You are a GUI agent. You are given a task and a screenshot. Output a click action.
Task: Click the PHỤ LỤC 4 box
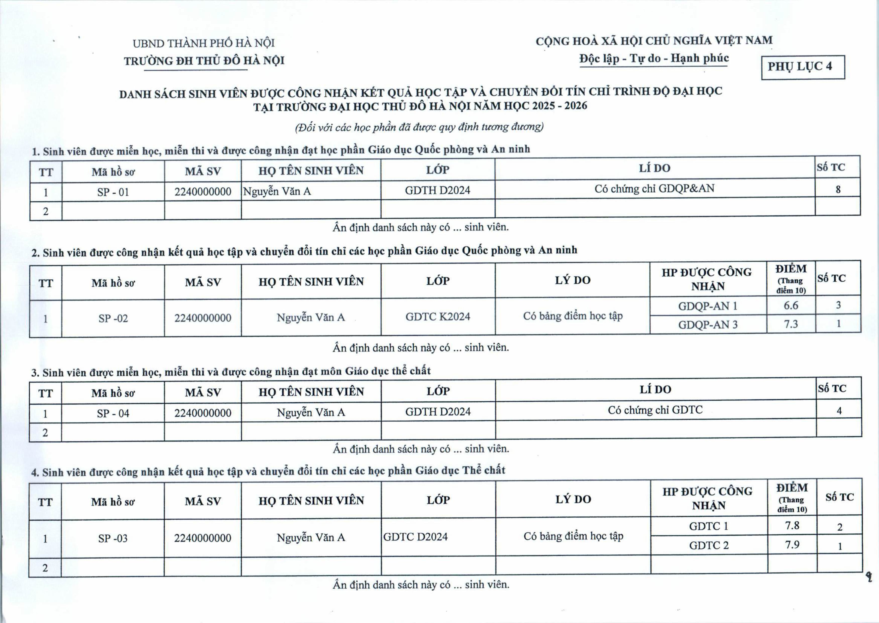pos(803,67)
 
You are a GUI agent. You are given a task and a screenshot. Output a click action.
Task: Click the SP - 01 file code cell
pos(113,192)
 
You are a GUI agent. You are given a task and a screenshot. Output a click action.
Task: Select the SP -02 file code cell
pos(113,318)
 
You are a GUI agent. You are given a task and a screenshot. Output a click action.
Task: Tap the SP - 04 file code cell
pos(113,413)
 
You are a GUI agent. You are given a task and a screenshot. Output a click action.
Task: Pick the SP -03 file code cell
pos(113,538)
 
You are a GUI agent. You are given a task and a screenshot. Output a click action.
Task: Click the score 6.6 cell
pos(791,306)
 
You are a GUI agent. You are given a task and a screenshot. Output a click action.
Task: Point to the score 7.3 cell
pos(791,324)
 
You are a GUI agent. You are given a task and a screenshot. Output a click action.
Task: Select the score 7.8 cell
pos(792,525)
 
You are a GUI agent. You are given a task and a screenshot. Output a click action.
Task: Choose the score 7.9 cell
pos(792,545)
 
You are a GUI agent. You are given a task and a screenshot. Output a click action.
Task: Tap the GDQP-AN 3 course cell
pos(708,325)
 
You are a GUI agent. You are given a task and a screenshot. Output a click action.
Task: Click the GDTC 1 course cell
pos(708,526)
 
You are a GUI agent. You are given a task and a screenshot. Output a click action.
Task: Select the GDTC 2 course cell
pos(708,545)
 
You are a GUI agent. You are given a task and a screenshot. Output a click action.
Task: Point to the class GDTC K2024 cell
pos(437,317)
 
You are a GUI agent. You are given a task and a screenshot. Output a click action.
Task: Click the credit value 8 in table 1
pos(838,189)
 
